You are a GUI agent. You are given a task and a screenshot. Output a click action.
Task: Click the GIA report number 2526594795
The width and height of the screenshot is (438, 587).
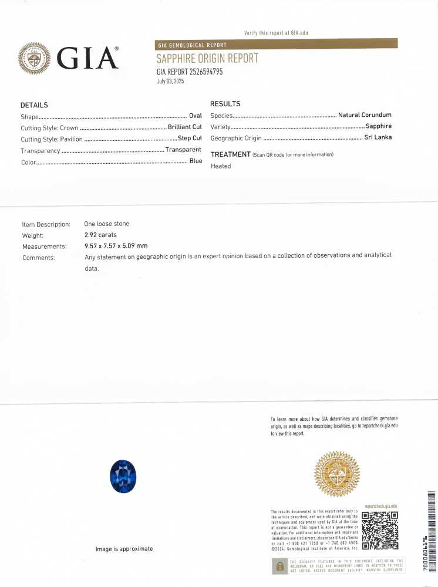pos(190,72)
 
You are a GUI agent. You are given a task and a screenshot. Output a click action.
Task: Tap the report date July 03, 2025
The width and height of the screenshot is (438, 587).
pos(170,82)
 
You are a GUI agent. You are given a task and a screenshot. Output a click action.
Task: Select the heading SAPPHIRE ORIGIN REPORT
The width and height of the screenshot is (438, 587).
pos(207,59)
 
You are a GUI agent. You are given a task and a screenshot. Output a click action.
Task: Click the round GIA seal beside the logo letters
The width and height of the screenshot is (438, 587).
pos(35,58)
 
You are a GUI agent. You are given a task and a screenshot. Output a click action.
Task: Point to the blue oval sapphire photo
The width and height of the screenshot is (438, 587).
pos(123,477)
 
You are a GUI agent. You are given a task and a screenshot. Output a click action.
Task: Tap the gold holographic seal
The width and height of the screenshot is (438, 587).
pos(337,473)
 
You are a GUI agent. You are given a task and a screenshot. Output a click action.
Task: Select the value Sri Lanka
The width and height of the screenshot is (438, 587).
pos(378,138)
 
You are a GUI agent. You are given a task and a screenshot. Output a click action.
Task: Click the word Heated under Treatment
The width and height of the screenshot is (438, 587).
pos(221,166)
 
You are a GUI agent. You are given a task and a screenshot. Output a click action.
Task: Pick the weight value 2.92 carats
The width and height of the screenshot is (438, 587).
pos(100,235)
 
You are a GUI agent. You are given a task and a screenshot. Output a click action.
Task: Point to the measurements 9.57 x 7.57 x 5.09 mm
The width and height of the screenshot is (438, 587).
pos(116,247)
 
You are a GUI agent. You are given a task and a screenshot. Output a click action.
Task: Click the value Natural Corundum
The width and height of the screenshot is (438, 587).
pos(365,115)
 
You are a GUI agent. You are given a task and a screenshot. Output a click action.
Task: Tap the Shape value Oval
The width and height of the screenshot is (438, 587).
pos(196,116)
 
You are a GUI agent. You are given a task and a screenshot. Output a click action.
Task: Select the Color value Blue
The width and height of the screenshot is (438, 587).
pos(196,161)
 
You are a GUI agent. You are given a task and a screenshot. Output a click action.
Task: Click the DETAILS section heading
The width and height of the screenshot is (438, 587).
pos(34,105)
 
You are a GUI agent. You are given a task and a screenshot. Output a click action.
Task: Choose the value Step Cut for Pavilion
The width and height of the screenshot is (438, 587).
pos(190,139)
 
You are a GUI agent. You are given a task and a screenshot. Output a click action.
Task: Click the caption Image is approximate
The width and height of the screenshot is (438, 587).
pos(124,549)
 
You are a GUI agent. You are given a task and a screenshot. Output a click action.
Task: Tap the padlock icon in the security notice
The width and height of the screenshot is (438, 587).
pos(279,566)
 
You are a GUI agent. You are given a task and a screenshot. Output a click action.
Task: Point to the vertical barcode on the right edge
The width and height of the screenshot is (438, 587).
pos(432,528)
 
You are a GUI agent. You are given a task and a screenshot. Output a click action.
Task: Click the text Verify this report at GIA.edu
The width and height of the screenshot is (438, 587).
pos(276,33)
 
